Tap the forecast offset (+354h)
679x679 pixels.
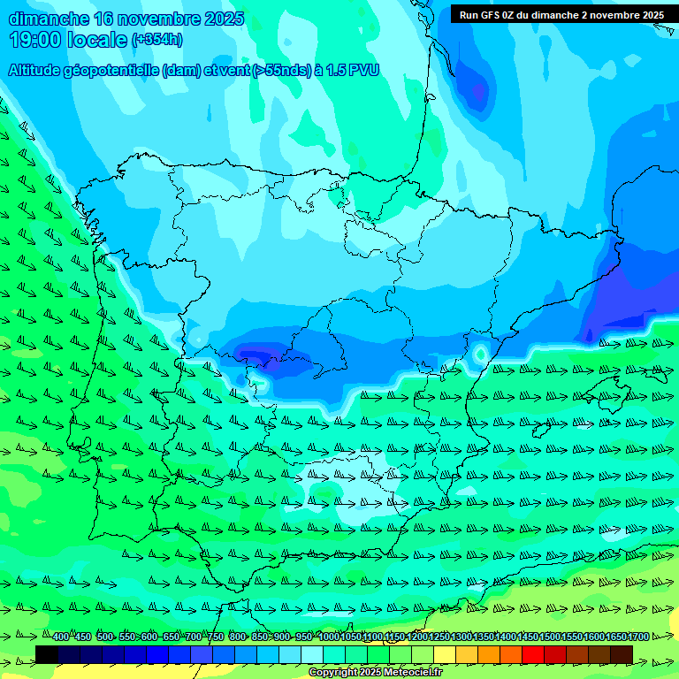coord(156,40)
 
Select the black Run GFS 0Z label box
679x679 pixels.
coord(561,14)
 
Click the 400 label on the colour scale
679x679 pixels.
coord(61,637)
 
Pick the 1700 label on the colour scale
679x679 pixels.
coord(638,637)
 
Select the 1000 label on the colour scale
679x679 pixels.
coord(329,637)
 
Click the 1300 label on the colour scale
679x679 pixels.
coord(462,637)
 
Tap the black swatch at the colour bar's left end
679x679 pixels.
coord(47,654)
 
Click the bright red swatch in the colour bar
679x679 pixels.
coord(533,654)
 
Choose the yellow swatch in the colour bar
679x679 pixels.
coord(445,654)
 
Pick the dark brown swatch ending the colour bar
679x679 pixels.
coord(622,654)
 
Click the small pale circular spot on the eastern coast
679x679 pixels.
coord(480,354)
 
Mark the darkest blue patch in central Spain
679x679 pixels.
coord(256,356)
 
